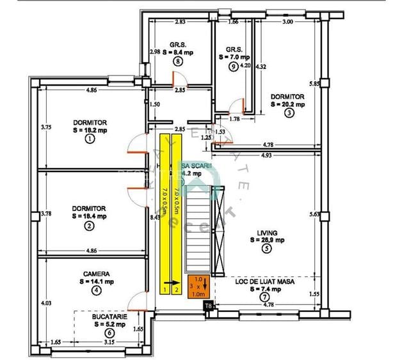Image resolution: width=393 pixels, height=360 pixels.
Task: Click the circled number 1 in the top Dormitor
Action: pyautogui.click(x=89, y=137)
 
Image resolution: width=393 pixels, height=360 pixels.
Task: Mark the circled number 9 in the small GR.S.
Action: pyautogui.click(x=233, y=66)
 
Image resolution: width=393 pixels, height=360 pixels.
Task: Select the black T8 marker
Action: pyautogui.click(x=208, y=307)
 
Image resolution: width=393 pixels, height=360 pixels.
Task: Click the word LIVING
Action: pyautogui.click(x=264, y=233)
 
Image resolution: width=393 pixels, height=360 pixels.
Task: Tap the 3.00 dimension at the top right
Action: pyautogui.click(x=287, y=22)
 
